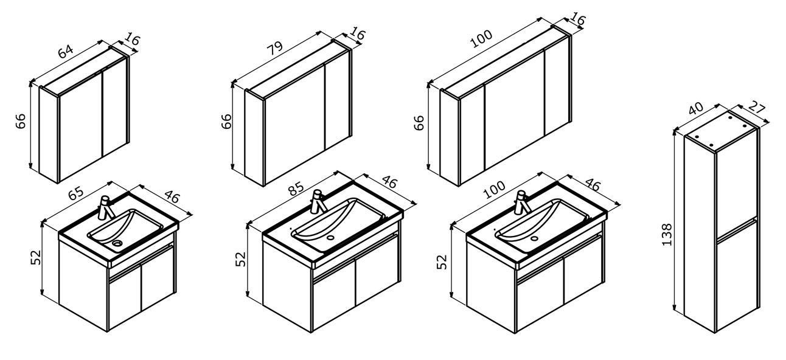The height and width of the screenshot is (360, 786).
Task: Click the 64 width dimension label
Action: pos(66,51)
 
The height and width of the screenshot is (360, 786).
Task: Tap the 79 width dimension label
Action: pos(275,48)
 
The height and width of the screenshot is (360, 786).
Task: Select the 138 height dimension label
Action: pos(667,234)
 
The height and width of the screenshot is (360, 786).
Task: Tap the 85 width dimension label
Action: pos(296,189)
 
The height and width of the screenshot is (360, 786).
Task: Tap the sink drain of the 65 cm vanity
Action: pos(117,243)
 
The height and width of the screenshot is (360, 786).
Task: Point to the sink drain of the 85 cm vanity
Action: pos(330,238)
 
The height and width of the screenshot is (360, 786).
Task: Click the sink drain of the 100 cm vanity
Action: pos(534,238)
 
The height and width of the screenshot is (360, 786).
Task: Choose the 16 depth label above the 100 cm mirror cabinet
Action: pos(577,19)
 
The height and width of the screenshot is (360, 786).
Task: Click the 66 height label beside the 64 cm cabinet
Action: pos(21,121)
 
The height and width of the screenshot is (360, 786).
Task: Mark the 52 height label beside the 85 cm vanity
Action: pos(241,259)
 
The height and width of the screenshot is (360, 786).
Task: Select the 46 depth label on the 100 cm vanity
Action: pos(593,185)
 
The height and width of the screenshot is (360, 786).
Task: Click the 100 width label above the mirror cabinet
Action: pos(481,39)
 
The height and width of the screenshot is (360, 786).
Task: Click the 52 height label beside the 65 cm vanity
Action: pos(36,258)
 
